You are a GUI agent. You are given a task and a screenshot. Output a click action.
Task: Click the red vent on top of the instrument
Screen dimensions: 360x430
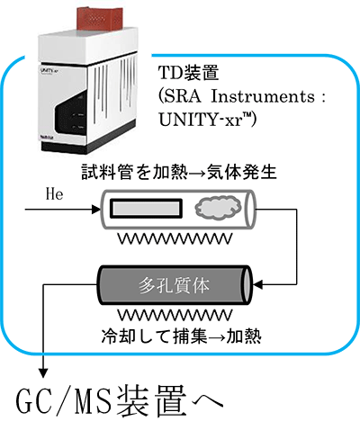(x=100, y=19)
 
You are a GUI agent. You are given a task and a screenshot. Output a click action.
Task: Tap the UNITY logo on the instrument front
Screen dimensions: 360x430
(x=48, y=71)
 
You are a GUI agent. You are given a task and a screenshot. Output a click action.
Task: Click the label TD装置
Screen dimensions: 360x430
(x=188, y=73)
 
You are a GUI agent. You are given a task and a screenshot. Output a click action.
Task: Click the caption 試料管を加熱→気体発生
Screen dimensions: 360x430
(x=179, y=173)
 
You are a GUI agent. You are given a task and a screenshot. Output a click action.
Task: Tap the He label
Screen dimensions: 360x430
(x=54, y=194)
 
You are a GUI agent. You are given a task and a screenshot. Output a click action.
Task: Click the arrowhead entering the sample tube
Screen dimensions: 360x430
(x=96, y=210)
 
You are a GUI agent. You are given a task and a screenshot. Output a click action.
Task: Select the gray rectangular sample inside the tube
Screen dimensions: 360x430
(x=147, y=208)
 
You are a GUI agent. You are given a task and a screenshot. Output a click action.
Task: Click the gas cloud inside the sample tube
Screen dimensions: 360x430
(x=218, y=207)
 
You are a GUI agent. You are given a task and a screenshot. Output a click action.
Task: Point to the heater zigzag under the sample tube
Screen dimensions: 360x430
(x=175, y=238)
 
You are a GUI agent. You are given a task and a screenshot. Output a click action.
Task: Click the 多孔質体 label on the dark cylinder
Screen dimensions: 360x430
(x=174, y=285)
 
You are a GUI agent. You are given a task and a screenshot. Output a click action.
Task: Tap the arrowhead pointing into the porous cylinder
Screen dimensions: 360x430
(x=257, y=284)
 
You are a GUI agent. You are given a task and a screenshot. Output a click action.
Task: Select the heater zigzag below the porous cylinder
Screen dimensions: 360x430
(x=175, y=315)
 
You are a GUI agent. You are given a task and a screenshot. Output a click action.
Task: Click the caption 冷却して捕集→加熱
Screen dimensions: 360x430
(x=182, y=336)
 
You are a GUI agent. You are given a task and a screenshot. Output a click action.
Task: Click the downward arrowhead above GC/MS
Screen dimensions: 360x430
(x=43, y=373)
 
